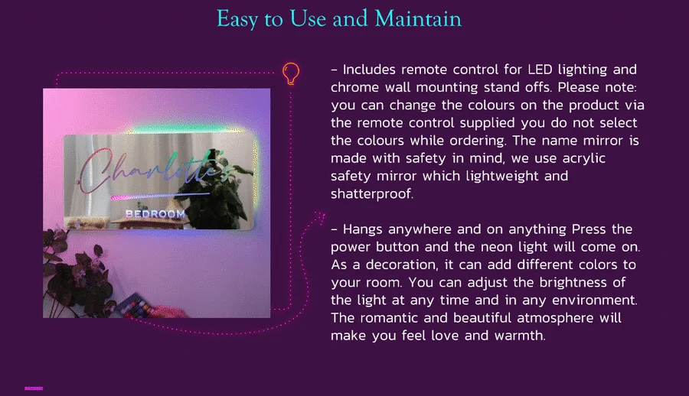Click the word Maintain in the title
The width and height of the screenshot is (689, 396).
click(418, 18)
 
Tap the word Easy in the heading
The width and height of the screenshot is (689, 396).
click(237, 19)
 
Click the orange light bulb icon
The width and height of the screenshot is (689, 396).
click(291, 73)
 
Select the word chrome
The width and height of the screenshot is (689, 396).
click(354, 87)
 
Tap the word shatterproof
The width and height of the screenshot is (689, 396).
click(372, 193)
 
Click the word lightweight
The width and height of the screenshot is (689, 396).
click(502, 176)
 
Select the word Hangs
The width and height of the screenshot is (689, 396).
click(363, 229)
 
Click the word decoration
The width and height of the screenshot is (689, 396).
click(403, 265)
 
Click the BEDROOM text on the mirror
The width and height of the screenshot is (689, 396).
click(155, 214)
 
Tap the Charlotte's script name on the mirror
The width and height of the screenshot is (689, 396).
click(155, 171)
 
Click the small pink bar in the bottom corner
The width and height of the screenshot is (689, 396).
click(34, 388)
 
